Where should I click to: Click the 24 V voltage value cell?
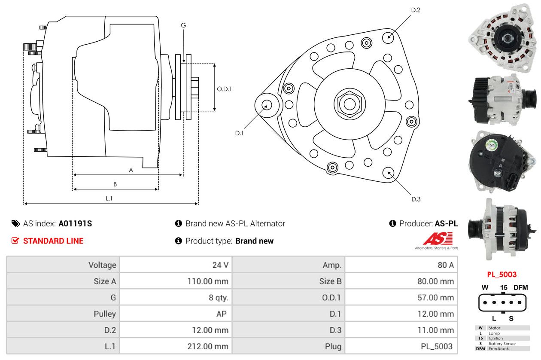click(220, 265)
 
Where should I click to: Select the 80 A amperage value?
click(445, 265)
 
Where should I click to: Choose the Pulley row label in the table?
click(105, 314)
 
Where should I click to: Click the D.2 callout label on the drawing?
click(415, 10)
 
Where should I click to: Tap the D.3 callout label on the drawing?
click(416, 199)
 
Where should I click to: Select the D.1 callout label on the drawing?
click(239, 133)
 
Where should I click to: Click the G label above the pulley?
click(183, 25)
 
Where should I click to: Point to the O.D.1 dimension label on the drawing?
click(224, 89)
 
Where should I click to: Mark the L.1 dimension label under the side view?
click(109, 198)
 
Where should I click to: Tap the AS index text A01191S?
click(75, 223)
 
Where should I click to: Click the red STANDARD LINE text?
click(53, 241)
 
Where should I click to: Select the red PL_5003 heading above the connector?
click(501, 274)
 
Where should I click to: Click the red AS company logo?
click(438, 238)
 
